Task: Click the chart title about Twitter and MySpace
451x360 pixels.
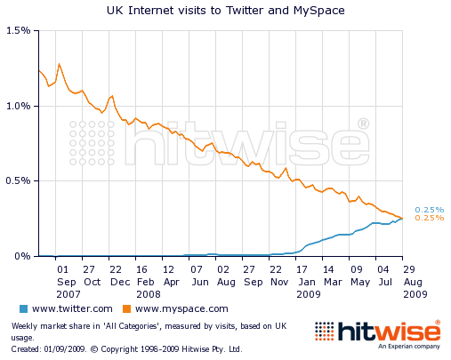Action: (x=224, y=10)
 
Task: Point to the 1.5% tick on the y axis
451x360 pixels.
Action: (x=18, y=30)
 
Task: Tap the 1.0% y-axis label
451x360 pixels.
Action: (x=18, y=106)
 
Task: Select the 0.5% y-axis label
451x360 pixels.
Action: (x=18, y=180)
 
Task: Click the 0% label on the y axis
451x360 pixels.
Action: (x=23, y=256)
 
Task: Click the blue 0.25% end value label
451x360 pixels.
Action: (x=429, y=210)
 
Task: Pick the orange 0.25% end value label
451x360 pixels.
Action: (x=429, y=218)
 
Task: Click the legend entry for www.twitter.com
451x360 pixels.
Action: (x=71, y=308)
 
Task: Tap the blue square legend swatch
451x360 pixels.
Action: (x=23, y=308)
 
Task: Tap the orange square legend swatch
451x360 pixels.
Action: (x=127, y=308)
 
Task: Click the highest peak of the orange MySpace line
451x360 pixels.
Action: (x=59, y=64)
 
